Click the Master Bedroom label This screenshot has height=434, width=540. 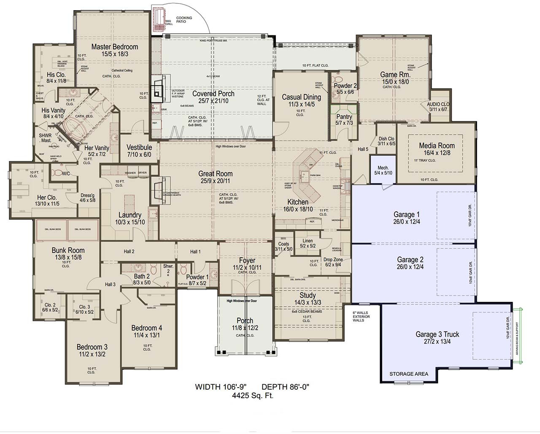(x=114, y=47)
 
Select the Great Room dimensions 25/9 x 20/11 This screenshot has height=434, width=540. (x=215, y=181)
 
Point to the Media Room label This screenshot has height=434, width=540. (x=437, y=146)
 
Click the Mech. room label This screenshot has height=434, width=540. (x=383, y=167)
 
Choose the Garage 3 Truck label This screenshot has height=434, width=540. (x=437, y=334)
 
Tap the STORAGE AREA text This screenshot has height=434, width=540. (x=408, y=374)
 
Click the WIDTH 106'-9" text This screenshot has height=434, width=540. (x=220, y=387)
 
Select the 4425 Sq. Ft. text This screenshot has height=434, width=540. (x=252, y=396)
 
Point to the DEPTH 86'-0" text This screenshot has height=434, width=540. (x=286, y=387)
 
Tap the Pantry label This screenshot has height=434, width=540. (x=344, y=117)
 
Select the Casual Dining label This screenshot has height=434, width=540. (x=301, y=97)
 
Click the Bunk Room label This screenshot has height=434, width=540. (x=68, y=250)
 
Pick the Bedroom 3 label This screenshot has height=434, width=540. (x=92, y=347)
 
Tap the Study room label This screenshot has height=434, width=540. (x=308, y=295)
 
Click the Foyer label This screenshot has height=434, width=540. (x=247, y=261)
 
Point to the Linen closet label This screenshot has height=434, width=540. (x=308, y=241)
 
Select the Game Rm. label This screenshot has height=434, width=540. (x=395, y=75)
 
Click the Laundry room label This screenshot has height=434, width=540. (x=130, y=215)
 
